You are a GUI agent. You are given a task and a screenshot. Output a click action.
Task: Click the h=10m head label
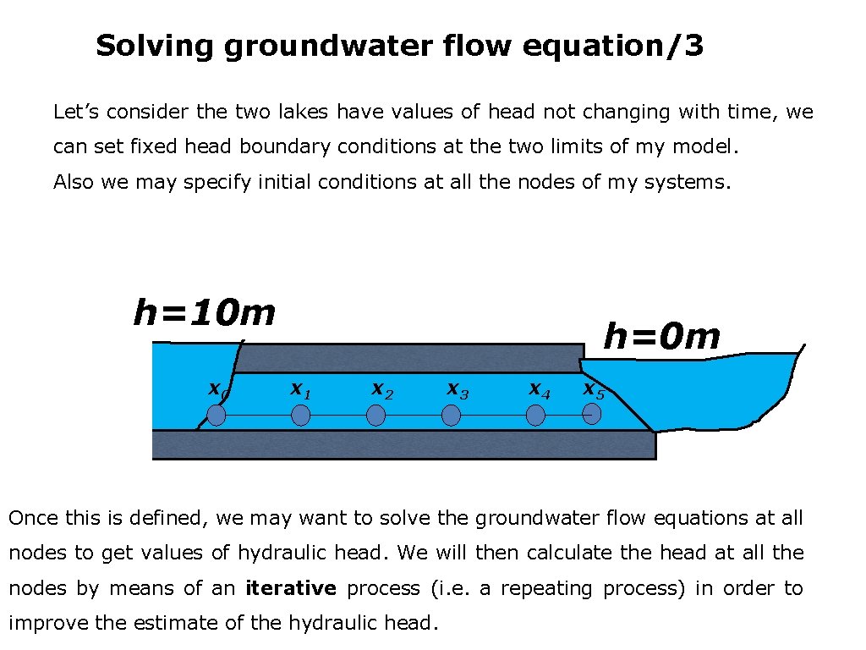click(205, 313)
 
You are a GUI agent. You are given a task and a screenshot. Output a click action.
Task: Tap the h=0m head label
click(661, 337)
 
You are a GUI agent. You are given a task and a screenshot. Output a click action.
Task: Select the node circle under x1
click(301, 415)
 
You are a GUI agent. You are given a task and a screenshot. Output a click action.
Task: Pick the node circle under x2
click(376, 415)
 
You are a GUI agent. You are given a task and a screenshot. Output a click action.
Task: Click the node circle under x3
click(452, 415)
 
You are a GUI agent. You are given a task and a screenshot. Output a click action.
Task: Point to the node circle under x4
click(535, 415)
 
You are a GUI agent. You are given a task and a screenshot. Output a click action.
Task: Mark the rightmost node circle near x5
click(592, 413)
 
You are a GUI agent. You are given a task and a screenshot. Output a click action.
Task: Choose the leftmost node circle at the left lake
click(216, 415)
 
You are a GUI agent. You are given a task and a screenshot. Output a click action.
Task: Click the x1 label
click(300, 389)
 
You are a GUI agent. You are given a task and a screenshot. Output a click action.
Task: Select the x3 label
click(458, 390)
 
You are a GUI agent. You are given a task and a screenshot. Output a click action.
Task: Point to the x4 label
click(540, 389)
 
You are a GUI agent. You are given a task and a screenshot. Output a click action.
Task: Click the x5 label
click(594, 390)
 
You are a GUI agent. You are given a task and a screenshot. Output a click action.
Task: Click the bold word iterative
click(291, 588)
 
